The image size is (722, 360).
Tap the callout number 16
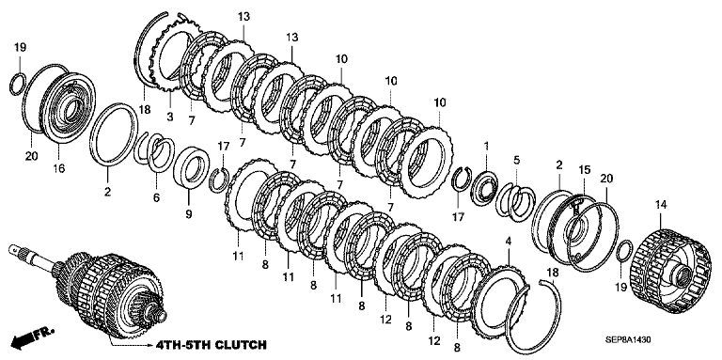tap(59, 168)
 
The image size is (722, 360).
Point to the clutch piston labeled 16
tap(70, 107)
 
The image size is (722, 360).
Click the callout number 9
tap(188, 213)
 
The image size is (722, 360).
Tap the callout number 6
tap(157, 197)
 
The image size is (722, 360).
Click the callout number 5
tap(517, 160)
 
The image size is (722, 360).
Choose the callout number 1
tap(486, 147)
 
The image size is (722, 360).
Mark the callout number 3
tap(169, 117)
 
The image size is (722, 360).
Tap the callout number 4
tap(508, 242)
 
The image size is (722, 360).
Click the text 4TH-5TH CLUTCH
tap(211, 344)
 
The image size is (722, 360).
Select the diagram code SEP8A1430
tap(629, 340)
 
